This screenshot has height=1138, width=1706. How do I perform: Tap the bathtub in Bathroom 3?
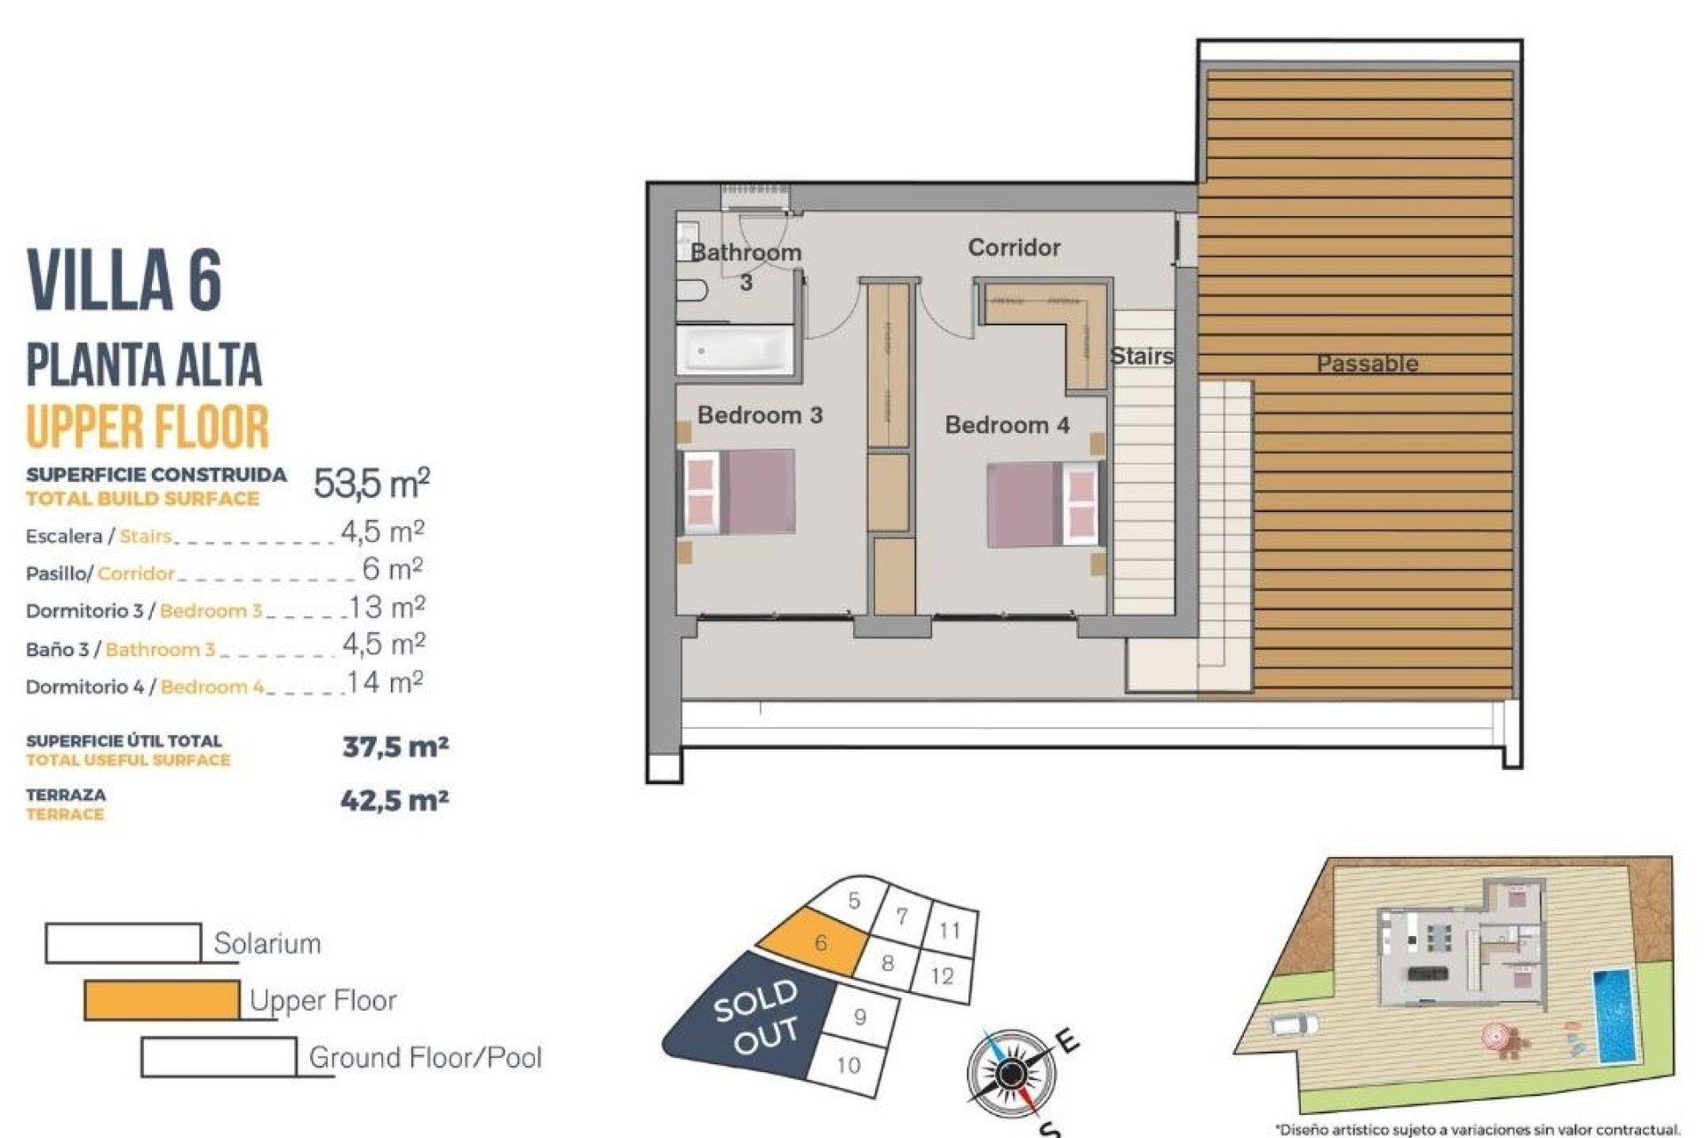pos(735,350)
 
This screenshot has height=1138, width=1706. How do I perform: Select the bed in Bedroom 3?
pos(737,492)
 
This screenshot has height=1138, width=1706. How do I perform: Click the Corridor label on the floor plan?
pos(1014,247)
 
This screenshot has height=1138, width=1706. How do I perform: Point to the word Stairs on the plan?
pos(1142,356)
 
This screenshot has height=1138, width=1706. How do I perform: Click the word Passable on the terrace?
pos(1367,363)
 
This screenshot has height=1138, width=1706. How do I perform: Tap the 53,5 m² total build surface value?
pos(371,483)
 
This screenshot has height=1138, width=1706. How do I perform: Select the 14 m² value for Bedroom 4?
pos(386,683)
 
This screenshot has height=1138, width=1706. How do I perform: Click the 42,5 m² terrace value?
pos(395,800)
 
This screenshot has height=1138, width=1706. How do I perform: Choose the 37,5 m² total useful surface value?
pos(395,746)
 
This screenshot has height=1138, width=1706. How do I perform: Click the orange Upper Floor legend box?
pos(162,999)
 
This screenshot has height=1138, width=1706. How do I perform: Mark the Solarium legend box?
pos(123,942)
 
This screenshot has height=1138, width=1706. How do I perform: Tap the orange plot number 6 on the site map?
pos(819,942)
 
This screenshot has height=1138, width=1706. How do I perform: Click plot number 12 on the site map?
pos(942,976)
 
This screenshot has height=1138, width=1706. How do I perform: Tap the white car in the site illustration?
pos(1295,1024)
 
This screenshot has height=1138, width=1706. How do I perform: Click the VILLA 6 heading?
pos(124,279)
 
